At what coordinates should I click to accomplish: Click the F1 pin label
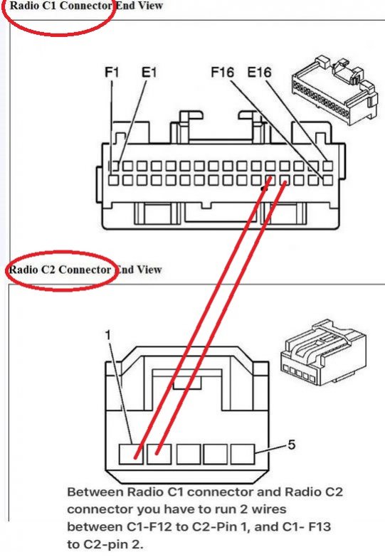coord(112,72)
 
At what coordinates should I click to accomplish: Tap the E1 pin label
coord(149,72)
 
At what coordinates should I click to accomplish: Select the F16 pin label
coord(223,72)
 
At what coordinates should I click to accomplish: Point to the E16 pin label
coord(260,72)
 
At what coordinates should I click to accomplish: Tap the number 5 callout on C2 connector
coord(292,445)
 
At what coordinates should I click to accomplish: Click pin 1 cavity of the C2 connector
coord(131,454)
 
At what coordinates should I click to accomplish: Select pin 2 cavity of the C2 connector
coord(159,454)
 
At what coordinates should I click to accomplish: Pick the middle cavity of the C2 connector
coord(188,454)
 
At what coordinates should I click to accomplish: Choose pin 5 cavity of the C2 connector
coord(243,454)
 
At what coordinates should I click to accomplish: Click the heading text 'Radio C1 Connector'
coord(60,6)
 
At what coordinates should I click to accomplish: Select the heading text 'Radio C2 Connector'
coord(60,270)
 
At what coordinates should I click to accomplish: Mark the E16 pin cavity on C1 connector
coord(328,166)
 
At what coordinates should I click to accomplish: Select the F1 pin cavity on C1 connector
coord(113,180)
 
